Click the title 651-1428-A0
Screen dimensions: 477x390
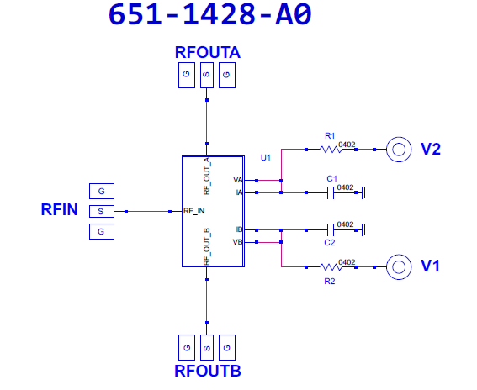pyautogui.click(x=210, y=14)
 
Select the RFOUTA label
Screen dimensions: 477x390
pyautogui.click(x=208, y=53)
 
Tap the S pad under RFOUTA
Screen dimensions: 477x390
pyautogui.click(x=207, y=75)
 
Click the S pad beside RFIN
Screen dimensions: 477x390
pyautogui.click(x=102, y=211)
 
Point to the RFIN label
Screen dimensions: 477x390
pyautogui.click(x=60, y=210)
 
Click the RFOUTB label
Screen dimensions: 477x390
pyautogui.click(x=208, y=371)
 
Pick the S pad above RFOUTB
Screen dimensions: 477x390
pyautogui.click(x=207, y=347)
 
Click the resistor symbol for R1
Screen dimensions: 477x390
pyautogui.click(x=331, y=150)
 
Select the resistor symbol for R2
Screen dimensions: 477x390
pyautogui.click(x=331, y=267)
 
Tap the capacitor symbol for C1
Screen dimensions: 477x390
pyautogui.click(x=331, y=192)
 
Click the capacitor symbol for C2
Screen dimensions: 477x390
pyautogui.click(x=331, y=229)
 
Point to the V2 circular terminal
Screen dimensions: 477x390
pyautogui.click(x=399, y=150)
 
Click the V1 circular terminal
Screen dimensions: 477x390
pyautogui.click(x=399, y=267)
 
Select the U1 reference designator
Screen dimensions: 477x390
pyautogui.click(x=266, y=157)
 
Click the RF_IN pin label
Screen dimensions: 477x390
pyautogui.click(x=194, y=211)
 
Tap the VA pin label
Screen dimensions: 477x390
pyautogui.click(x=238, y=180)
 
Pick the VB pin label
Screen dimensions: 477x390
pyautogui.click(x=237, y=242)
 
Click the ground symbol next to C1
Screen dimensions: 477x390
pyautogui.click(x=365, y=192)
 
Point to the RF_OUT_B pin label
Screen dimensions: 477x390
pyautogui.click(x=207, y=247)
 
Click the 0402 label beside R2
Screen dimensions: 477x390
pyautogui.click(x=347, y=262)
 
